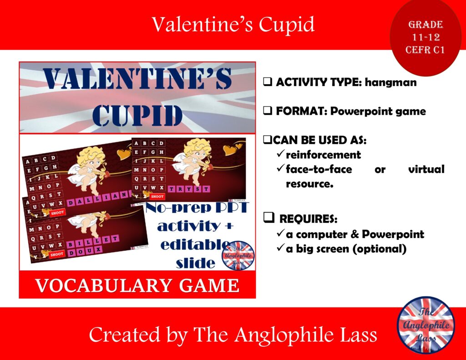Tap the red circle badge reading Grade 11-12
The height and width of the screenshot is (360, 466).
click(x=425, y=37)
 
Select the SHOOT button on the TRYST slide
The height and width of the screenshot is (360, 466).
click(x=157, y=196)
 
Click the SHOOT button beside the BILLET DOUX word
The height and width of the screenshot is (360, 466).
click(x=57, y=254)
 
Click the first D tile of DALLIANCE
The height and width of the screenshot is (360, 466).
click(x=71, y=203)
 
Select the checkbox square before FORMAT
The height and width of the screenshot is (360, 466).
click(x=268, y=112)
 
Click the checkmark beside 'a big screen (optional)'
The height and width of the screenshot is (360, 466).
click(x=280, y=249)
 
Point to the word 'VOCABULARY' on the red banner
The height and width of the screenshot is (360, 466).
click(x=90, y=286)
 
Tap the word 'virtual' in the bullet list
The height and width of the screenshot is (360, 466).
click(x=426, y=169)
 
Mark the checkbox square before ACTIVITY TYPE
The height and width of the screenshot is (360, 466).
click(x=268, y=83)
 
